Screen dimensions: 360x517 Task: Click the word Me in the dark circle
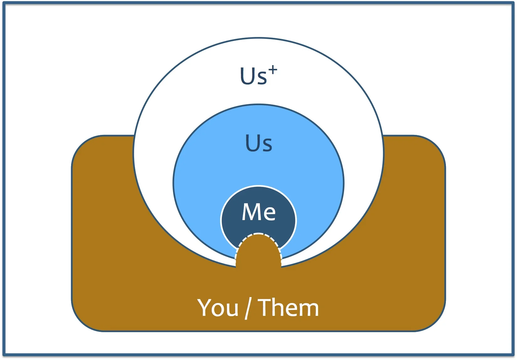click(x=258, y=212)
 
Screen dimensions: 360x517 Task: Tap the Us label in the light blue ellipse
click(x=258, y=143)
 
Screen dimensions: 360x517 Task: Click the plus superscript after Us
click(x=273, y=70)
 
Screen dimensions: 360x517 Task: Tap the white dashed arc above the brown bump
click(x=258, y=234)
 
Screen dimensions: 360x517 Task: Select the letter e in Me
click(x=269, y=213)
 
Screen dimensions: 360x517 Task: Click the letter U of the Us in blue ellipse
click(x=252, y=143)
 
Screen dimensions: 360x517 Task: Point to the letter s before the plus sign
click(x=262, y=78)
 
